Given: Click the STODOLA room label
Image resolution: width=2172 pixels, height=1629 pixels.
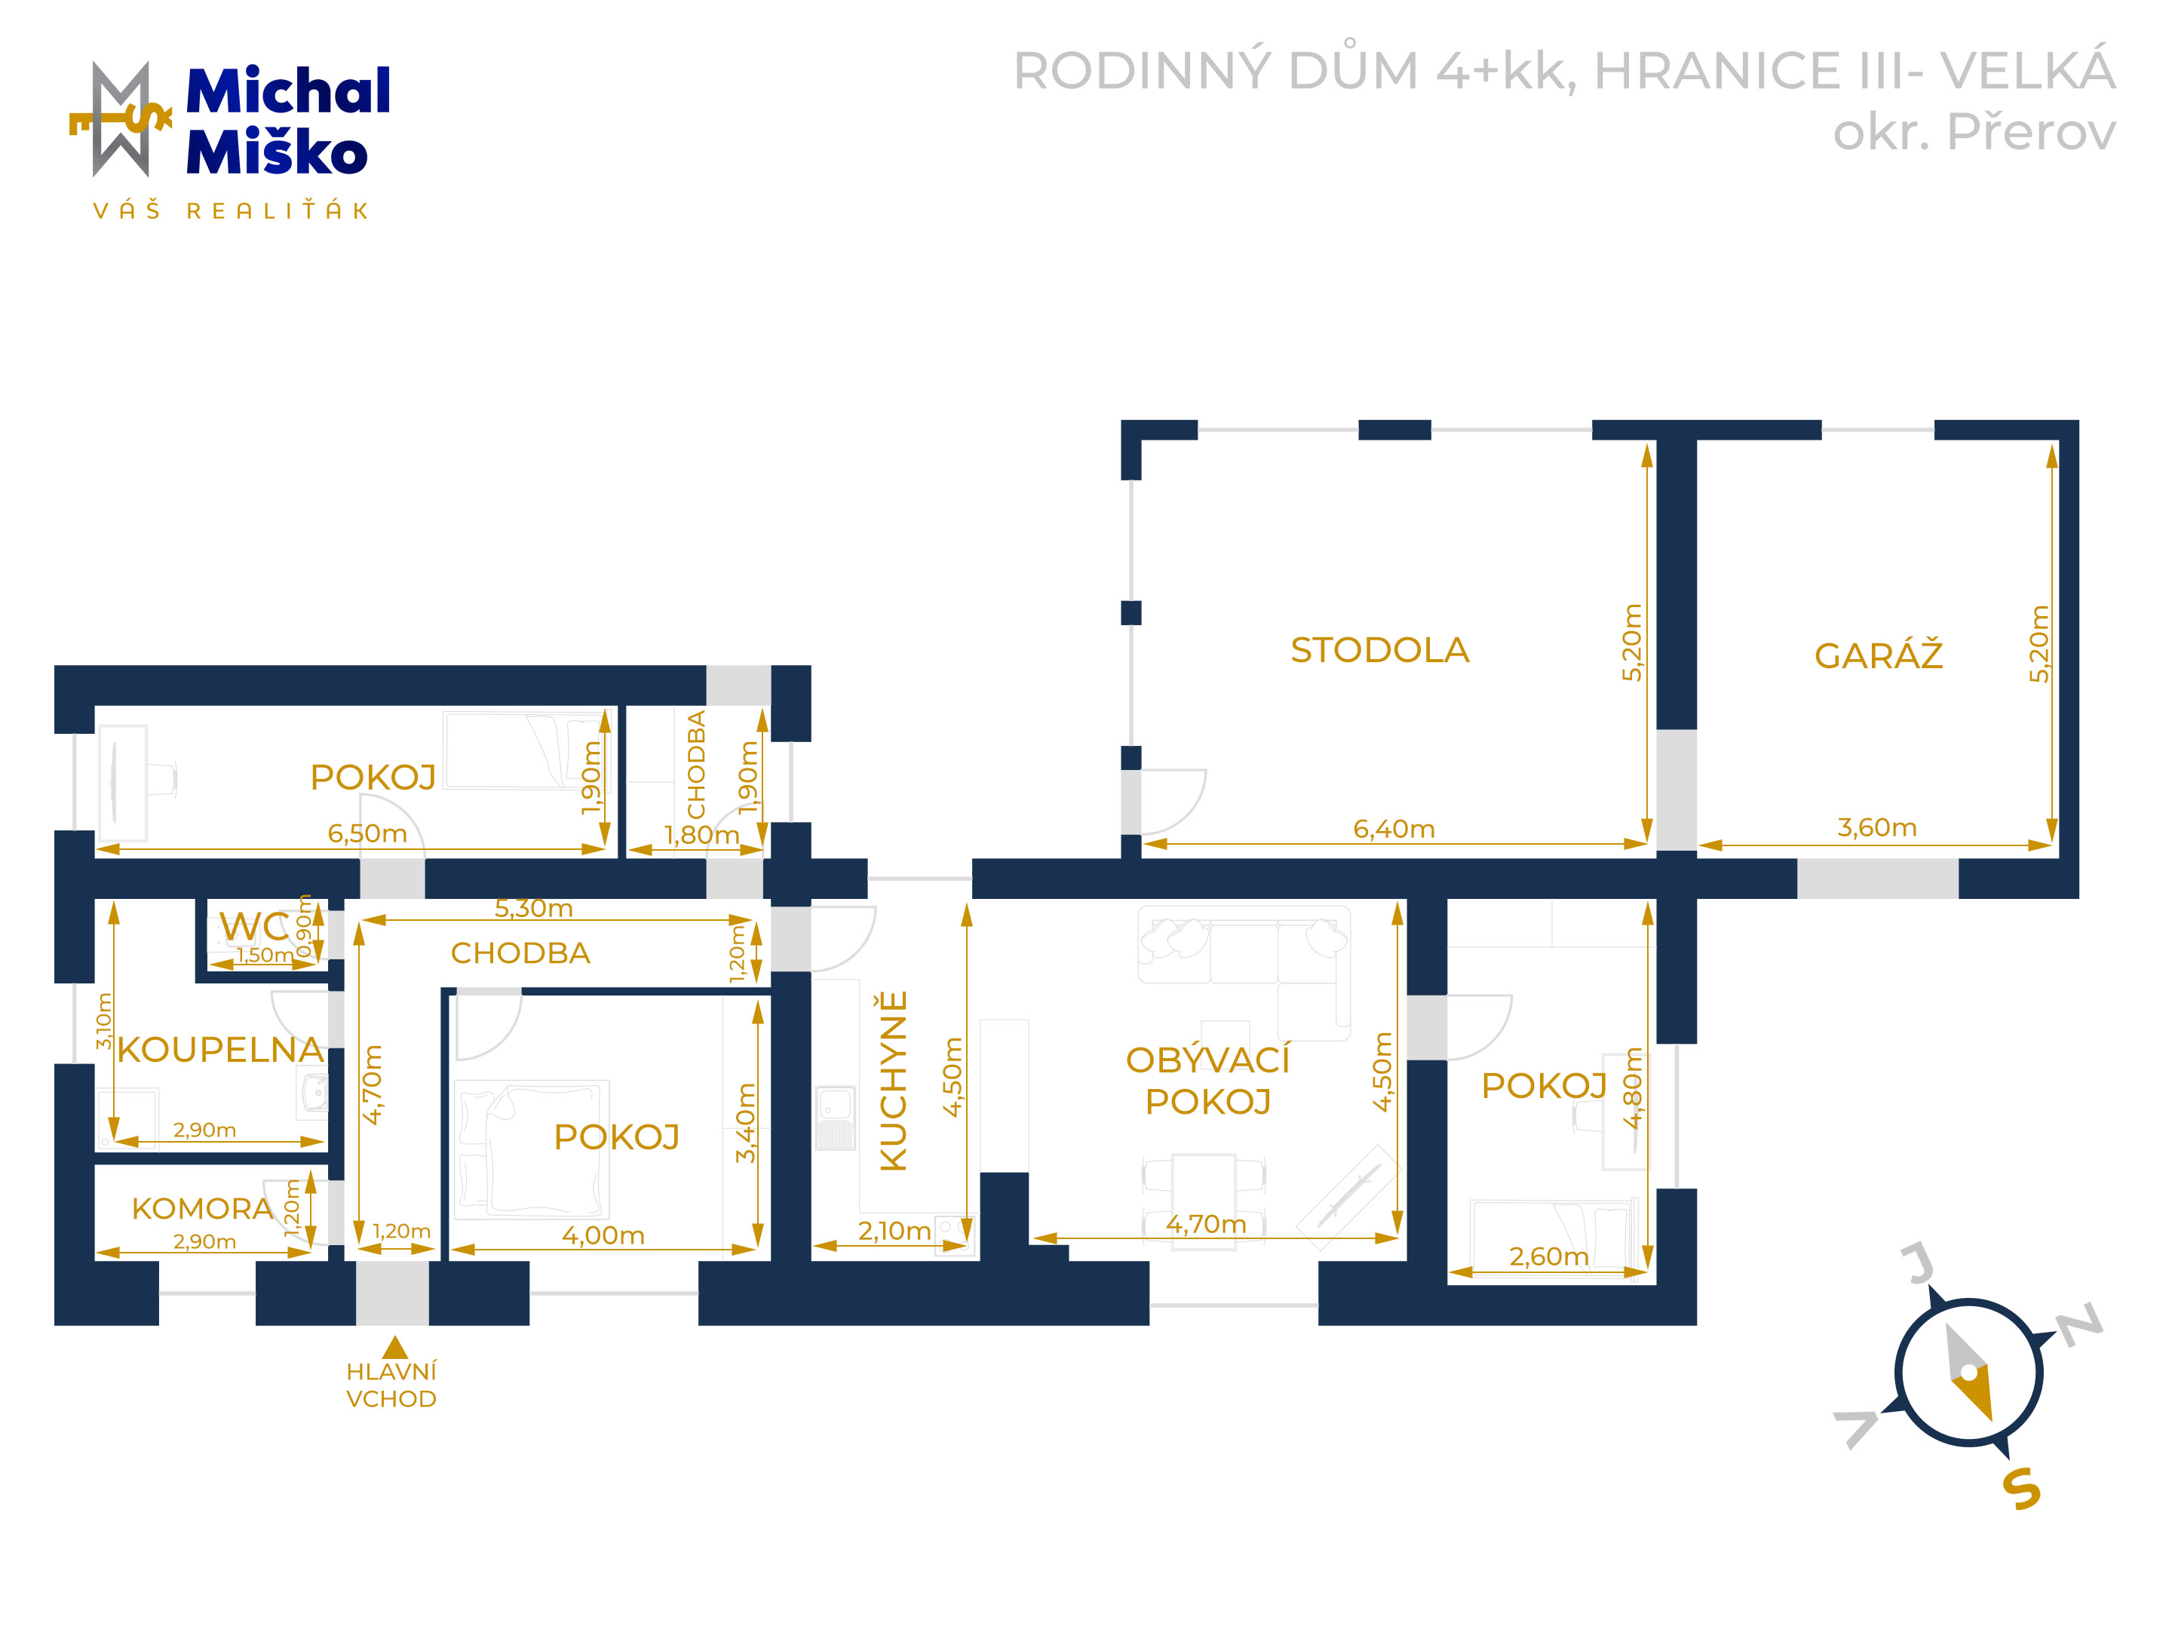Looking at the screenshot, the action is point(1379,650).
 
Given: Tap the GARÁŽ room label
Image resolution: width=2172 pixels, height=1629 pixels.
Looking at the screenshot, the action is point(1879,654).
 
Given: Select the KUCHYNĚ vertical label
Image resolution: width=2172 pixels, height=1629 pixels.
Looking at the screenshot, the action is point(894,1080).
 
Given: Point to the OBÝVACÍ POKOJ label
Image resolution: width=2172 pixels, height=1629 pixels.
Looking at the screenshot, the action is point(1207,1080).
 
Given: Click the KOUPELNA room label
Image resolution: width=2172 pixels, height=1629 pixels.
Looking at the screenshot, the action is point(220,1049).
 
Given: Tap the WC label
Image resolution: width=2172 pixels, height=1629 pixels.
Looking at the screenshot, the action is point(253,926).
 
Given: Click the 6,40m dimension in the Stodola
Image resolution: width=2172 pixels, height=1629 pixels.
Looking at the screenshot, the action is point(1394,829).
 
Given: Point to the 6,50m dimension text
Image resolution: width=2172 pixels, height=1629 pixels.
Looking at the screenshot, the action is point(367,833).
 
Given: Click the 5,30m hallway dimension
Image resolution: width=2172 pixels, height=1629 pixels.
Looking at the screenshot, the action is point(533,907).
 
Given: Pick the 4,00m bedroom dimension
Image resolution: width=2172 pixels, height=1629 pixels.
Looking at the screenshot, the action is point(603,1235).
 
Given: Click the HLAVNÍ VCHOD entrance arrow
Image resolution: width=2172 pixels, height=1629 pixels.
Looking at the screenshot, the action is point(394,1346).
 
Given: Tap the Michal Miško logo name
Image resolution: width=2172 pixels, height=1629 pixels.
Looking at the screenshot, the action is point(287,120).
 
